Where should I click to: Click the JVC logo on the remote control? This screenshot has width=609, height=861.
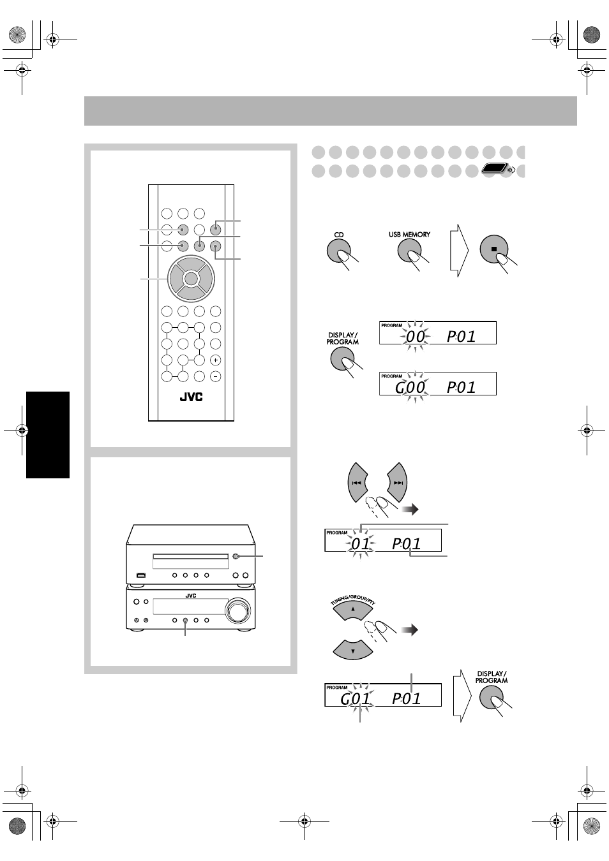192,397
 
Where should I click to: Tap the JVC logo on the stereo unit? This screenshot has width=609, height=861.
191,596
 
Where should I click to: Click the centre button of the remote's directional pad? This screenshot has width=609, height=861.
191,278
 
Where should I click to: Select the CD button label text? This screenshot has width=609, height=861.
339,235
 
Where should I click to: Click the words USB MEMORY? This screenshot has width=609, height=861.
409,235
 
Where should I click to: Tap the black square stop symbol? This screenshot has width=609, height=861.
494,249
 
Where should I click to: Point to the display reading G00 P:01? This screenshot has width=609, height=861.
438,383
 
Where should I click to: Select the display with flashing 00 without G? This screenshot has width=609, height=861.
438,332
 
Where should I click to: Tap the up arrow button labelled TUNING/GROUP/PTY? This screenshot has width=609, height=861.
353,609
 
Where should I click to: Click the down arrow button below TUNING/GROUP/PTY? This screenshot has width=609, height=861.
353,650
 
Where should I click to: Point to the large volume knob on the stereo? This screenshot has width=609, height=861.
237,610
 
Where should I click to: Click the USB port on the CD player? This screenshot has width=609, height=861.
141,575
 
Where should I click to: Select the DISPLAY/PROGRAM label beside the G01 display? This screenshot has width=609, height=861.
492,677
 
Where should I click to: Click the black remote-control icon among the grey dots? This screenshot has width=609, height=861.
495,168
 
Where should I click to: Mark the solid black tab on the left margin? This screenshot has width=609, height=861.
48,435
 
